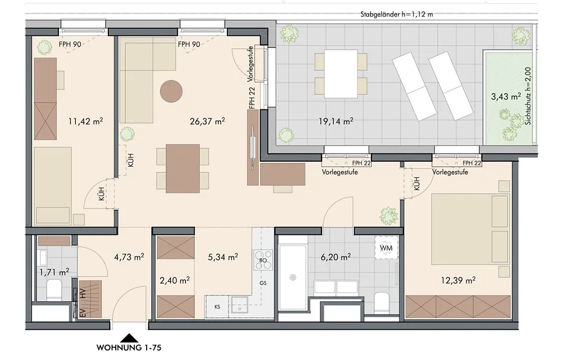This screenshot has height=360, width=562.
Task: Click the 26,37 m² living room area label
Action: (207, 121)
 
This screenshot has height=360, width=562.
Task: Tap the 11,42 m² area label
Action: (85, 121)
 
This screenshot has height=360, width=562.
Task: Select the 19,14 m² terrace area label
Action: (336, 121)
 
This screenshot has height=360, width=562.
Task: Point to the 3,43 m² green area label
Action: (506, 97)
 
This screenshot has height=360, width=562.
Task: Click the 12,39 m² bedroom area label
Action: (458, 280)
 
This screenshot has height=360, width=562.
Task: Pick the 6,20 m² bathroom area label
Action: (336, 257)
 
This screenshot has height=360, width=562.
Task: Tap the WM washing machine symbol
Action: (387, 248)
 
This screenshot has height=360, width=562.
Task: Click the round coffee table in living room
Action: (171, 92)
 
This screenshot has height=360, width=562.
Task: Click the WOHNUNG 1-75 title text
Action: (129, 348)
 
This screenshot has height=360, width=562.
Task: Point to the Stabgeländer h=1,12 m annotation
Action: (396, 15)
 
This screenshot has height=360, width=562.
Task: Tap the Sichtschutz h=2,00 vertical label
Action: (528, 96)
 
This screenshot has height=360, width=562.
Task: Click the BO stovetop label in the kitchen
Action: (262, 261)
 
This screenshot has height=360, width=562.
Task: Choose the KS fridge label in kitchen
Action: (217, 307)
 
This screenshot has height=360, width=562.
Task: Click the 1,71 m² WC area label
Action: (54, 272)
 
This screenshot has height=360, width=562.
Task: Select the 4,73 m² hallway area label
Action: (129, 257)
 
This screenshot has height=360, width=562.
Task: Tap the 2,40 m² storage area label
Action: (175, 280)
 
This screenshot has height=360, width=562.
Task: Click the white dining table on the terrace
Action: (341, 74)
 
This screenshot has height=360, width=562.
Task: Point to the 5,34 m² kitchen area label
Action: (223, 257)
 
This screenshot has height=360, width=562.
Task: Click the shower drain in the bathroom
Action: (293, 277)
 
